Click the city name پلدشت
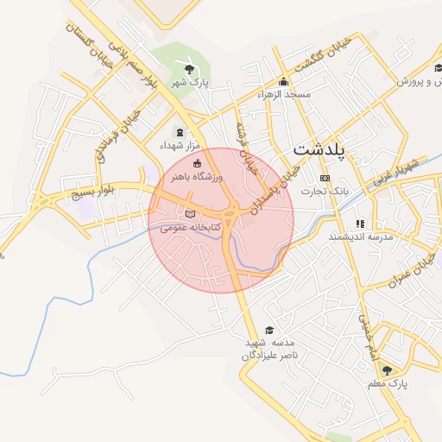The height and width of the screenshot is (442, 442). tap(319, 149)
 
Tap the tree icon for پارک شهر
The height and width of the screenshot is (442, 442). tap(190, 68)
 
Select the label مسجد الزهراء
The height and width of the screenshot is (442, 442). tap(284, 94)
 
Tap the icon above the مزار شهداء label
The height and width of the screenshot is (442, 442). tap(180, 132)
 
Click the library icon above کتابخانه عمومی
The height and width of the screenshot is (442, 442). tap(190, 214)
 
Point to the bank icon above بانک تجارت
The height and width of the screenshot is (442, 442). tap(325, 178)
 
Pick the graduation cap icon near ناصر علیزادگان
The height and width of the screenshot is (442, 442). tap(268, 331)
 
